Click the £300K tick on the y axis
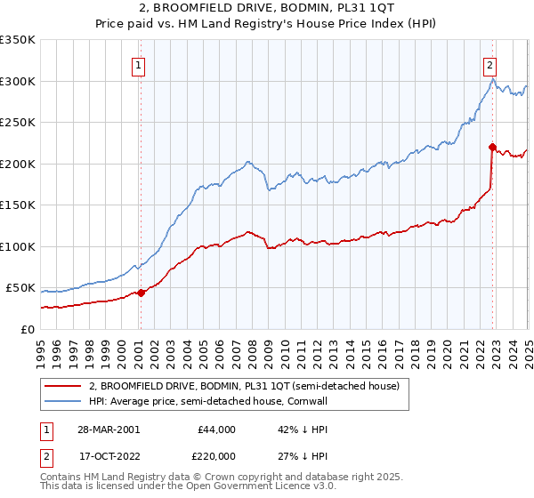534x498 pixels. (18, 81)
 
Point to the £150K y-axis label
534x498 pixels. (18, 205)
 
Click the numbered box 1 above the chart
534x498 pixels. (140, 64)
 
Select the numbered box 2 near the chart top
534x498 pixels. (490, 64)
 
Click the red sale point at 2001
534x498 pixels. (142, 293)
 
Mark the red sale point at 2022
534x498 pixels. (492, 148)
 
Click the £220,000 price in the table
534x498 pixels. (217, 457)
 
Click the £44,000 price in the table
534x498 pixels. (217, 429)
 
